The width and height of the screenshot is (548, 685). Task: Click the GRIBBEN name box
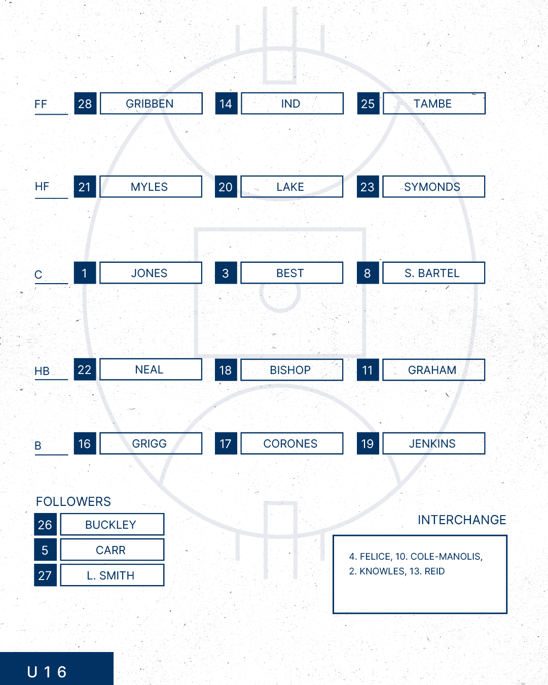(151, 104)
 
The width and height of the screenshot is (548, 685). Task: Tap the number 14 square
(226, 104)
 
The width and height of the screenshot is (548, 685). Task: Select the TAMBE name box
(434, 104)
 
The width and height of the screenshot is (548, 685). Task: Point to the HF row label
(42, 187)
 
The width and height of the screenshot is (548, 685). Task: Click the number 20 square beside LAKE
(226, 187)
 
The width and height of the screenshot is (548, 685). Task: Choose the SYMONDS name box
(434, 187)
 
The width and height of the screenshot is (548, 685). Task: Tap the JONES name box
(151, 273)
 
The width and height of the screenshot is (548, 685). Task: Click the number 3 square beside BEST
(226, 273)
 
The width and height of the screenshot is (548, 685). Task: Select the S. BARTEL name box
(434, 273)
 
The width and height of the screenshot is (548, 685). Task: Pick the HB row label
(42, 371)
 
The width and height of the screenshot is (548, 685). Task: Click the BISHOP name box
(292, 370)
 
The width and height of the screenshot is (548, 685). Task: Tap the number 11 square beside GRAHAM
(368, 370)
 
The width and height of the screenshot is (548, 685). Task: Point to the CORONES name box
(292, 443)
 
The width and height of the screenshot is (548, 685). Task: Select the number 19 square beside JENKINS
(368, 443)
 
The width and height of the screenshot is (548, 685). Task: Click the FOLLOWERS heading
(73, 502)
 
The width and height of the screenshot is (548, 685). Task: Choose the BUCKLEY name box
(112, 524)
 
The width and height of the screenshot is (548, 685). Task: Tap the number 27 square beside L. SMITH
(45, 575)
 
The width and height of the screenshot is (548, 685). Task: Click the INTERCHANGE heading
(462, 520)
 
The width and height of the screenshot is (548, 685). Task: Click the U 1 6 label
(47, 672)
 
